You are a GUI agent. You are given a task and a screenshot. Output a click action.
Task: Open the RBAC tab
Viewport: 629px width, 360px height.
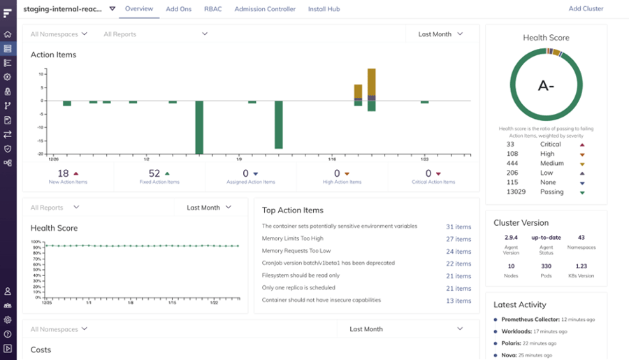212,9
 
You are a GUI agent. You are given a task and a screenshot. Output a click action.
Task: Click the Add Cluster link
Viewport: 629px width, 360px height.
586,9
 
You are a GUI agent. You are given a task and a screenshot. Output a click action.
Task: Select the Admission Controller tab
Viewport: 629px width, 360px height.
265,9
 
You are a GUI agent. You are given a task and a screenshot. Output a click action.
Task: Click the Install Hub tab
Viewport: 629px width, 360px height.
324,9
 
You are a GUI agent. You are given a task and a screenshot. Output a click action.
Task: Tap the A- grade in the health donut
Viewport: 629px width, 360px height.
546,86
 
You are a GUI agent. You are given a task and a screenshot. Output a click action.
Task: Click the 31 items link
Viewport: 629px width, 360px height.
458,226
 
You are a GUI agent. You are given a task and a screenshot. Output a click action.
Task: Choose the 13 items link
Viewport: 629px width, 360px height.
458,301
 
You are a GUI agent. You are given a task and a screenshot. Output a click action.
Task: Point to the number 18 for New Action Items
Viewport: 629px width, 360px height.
63,173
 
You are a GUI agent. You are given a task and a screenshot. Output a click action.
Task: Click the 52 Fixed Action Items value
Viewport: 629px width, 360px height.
154,173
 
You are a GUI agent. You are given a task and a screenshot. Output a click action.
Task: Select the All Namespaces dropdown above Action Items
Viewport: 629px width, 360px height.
59,34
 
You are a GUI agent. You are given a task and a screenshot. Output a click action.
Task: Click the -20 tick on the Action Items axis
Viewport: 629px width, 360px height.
41,154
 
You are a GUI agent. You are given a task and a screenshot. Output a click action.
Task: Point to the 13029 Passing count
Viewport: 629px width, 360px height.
516,192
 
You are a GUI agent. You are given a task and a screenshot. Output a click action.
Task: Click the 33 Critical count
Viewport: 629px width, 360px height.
510,144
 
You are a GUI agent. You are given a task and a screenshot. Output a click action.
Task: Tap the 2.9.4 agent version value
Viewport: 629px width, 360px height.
512,238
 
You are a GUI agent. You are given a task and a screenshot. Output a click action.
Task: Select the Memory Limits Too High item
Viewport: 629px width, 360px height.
296,238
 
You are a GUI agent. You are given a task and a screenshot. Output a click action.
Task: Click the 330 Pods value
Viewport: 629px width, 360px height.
546,266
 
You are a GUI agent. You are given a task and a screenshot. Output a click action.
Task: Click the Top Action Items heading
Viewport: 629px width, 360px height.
293,210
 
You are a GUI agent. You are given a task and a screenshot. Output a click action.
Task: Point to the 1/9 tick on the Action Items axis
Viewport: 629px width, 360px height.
239,159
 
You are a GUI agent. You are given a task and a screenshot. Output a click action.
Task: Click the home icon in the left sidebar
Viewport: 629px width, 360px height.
8,34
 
